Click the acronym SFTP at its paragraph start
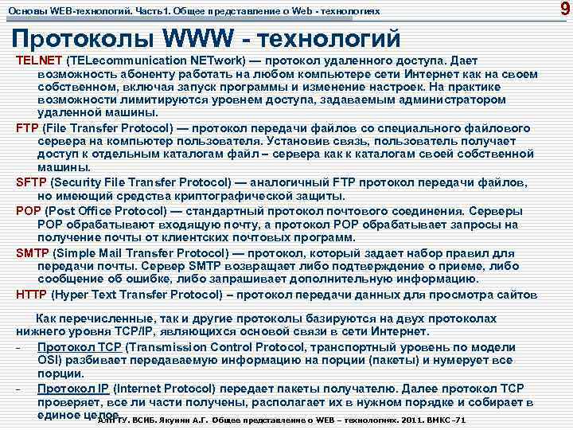tap(32, 182)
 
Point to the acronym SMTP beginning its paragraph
tap(33, 254)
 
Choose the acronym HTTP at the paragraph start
tap(33, 294)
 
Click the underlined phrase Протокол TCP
tap(79, 347)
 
